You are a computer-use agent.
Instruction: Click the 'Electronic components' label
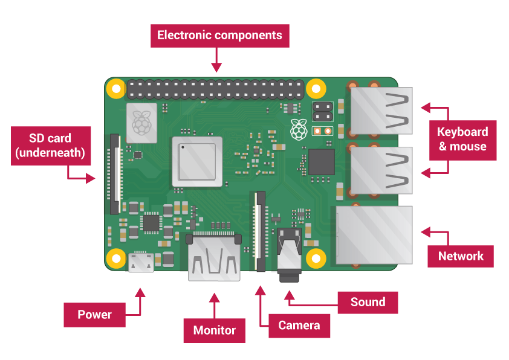point(219,35)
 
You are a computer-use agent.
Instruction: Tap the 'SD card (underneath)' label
point(51,146)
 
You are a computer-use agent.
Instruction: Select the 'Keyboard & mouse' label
point(462,139)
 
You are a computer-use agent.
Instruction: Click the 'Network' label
point(461,256)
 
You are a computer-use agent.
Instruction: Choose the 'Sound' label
point(368,302)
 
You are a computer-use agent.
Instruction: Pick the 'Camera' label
point(299,326)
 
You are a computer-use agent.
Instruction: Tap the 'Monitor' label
point(214,330)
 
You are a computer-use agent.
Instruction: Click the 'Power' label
point(94,315)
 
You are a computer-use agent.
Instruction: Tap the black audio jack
point(288,254)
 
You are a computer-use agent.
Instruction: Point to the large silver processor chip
point(197,161)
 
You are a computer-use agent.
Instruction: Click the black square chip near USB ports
point(321,162)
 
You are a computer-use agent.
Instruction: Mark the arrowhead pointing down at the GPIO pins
point(216,65)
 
